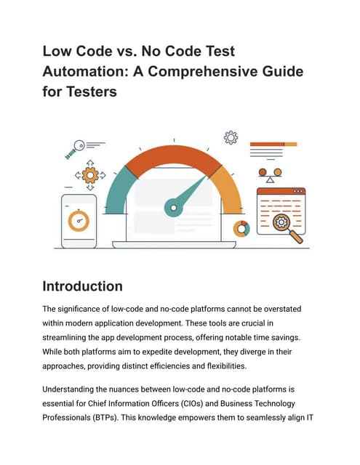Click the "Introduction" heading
tap(83, 286)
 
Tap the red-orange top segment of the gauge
tap(172, 159)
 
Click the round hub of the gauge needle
tap(172, 210)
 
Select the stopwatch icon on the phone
tap(78, 219)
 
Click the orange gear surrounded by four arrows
tap(90, 174)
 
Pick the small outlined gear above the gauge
tap(231, 137)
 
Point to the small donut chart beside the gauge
tap(241, 229)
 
